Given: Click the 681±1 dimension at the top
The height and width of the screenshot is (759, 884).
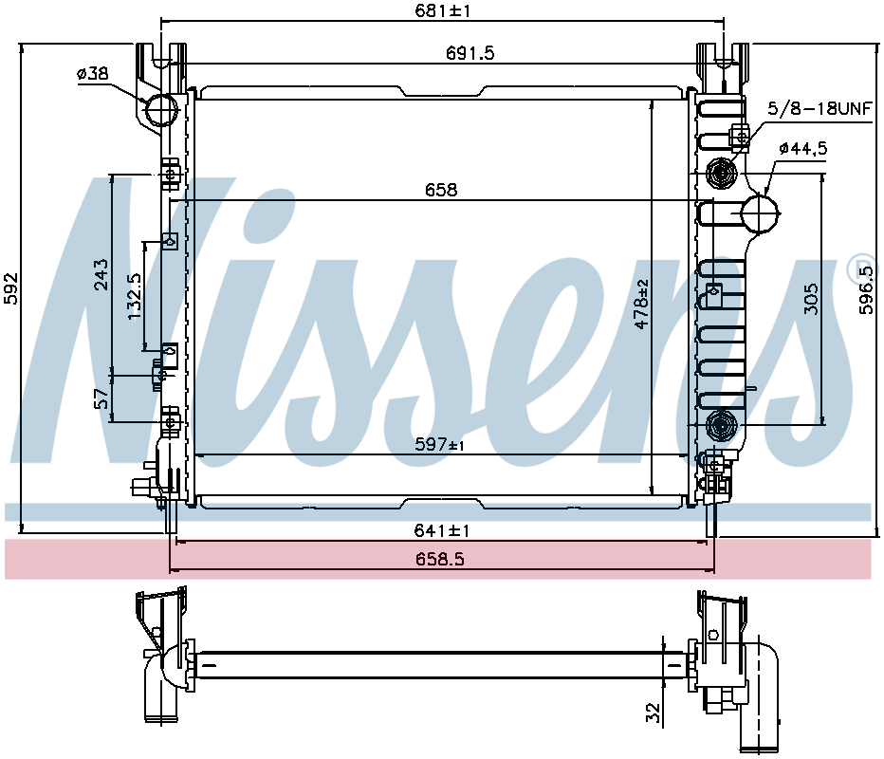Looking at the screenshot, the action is (x=443, y=10).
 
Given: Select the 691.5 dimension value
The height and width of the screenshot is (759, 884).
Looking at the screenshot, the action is (x=470, y=53).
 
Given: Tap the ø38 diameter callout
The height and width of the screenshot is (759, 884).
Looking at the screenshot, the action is (x=92, y=73).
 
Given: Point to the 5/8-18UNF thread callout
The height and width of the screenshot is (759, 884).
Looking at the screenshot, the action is (x=820, y=108).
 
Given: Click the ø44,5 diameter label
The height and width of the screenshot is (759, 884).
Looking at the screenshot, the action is (x=803, y=148).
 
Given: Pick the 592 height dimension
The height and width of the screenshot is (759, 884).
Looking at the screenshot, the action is (x=11, y=288).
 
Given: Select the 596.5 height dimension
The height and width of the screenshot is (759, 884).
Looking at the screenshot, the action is (x=865, y=290).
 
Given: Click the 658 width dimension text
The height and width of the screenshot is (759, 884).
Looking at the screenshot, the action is (x=441, y=190).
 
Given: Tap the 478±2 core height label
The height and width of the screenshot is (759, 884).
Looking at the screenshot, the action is (x=641, y=304).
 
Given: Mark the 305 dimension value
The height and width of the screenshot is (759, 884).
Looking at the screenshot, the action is (x=810, y=299).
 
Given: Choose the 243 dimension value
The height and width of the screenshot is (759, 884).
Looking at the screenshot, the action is (x=101, y=274).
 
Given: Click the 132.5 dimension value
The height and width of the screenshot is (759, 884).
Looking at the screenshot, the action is (x=135, y=297).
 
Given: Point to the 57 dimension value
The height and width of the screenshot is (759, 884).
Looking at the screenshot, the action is (x=101, y=398).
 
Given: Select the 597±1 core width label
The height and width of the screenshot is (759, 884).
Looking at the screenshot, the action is (x=440, y=445).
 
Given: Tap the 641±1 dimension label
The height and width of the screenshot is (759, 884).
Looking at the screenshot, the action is (x=442, y=530).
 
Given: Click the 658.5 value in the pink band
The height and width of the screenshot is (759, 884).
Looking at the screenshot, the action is (x=440, y=559).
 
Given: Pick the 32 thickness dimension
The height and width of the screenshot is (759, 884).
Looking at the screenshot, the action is (x=653, y=713).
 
